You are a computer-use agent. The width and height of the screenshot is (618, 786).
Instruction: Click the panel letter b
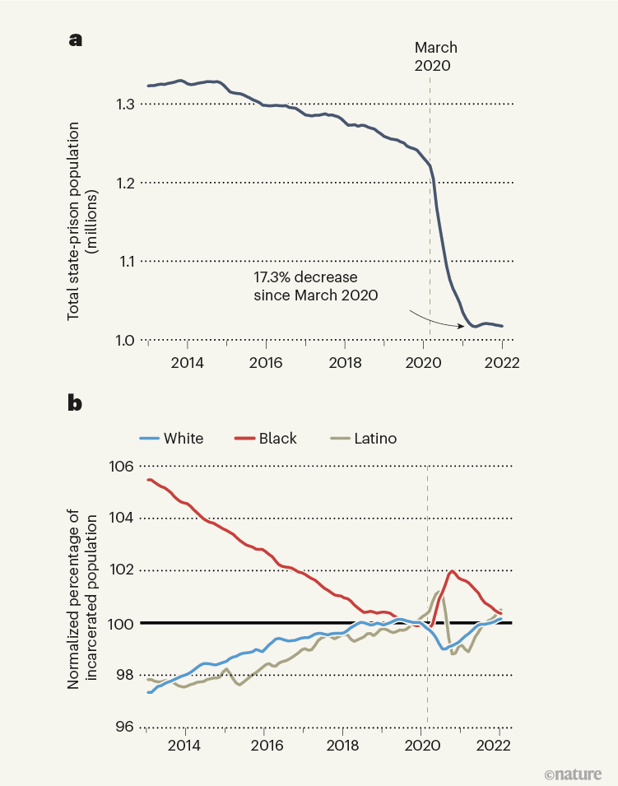[75, 403]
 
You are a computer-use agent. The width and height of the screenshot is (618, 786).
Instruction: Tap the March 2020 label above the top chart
[435, 57]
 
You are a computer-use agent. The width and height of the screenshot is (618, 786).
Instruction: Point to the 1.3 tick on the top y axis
[124, 104]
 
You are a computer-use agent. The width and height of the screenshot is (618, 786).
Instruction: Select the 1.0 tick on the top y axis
[124, 340]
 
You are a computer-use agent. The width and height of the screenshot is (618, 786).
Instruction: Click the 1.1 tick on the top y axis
[124, 261]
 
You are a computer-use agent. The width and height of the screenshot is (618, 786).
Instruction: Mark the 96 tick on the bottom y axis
[123, 727]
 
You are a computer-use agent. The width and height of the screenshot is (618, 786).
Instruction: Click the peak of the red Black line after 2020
[453, 570]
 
